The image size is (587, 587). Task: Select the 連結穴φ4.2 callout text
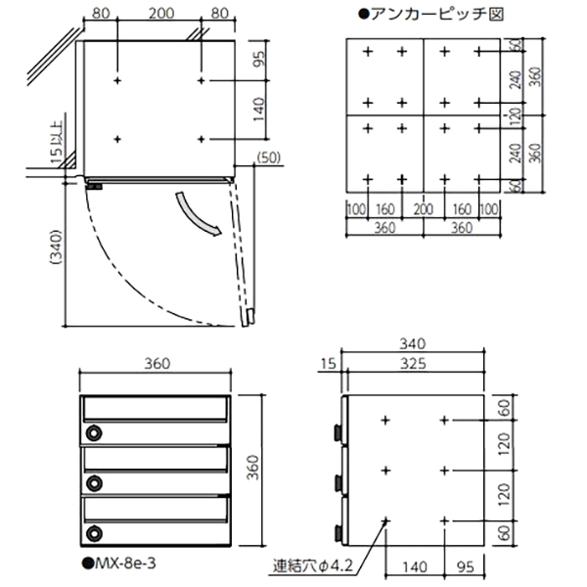coord(313,565)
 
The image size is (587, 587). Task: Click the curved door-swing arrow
coord(197,215)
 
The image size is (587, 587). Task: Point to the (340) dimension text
coord(56,248)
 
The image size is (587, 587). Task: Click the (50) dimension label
coord(269,158)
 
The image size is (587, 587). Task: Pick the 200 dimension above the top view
coord(161,14)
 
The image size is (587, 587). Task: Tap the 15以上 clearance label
coord(57,142)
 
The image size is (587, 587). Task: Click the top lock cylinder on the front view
coord(94,433)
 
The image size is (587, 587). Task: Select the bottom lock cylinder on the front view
coord(94,533)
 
